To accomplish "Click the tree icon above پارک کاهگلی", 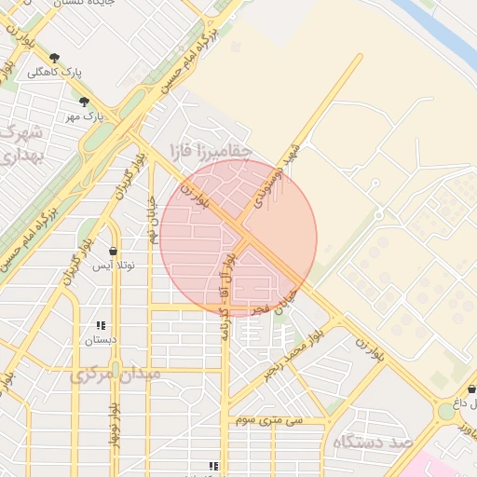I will tap(55, 58).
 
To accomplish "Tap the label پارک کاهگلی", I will tap(54, 72).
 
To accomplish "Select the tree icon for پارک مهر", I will tap(85, 102).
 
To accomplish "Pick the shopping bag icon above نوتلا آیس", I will tap(113, 251).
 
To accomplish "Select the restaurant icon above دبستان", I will tap(100, 325).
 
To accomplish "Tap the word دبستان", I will tap(101, 340).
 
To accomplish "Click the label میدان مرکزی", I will tap(116, 374).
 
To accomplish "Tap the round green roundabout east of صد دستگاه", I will tap(445, 411).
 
